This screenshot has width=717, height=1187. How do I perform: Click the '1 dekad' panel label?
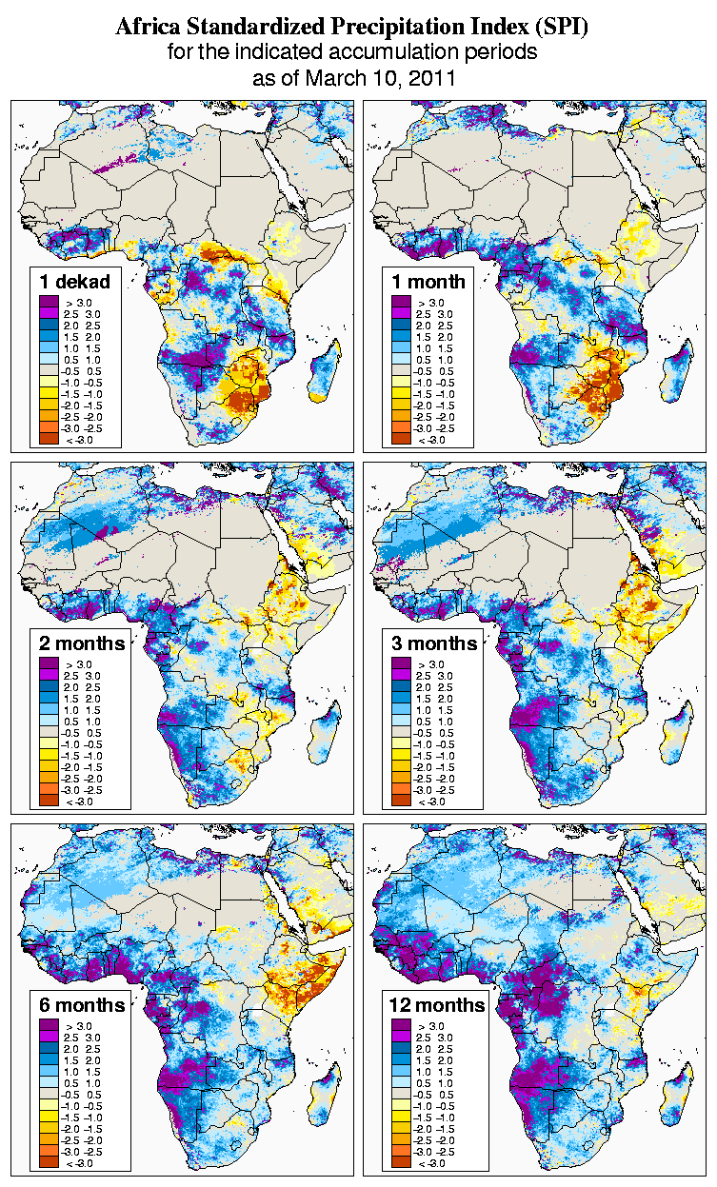pyautogui.click(x=75, y=282)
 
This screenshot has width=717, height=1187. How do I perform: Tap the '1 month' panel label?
pyautogui.click(x=428, y=282)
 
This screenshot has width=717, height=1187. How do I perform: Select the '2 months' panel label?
pyautogui.click(x=82, y=643)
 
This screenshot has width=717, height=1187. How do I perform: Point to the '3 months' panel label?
pyautogui.click(x=434, y=643)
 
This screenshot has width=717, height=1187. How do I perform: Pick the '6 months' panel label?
pyautogui.click(x=82, y=1005)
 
